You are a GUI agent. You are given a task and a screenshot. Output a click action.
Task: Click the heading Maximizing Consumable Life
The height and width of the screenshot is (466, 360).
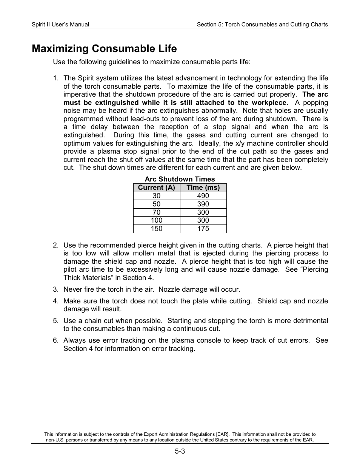pyautogui.click(x=104, y=49)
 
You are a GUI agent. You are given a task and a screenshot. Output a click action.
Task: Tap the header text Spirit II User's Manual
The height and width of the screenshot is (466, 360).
pyautogui.click(x=60, y=25)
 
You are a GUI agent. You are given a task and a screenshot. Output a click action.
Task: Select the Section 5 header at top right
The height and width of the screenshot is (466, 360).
pyautogui.click(x=262, y=25)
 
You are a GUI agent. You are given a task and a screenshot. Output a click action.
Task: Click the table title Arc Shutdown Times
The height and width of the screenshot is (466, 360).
pyautogui.click(x=180, y=179)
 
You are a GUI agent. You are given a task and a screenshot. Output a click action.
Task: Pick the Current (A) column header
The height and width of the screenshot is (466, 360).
pyautogui.click(x=157, y=188)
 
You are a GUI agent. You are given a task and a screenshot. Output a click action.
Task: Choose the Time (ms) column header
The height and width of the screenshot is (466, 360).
pyautogui.click(x=203, y=188)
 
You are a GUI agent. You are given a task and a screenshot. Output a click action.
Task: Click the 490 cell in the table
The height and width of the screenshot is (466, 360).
pyautogui.click(x=203, y=196)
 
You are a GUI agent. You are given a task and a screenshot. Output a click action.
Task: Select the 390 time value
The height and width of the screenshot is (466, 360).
pyautogui.click(x=203, y=204)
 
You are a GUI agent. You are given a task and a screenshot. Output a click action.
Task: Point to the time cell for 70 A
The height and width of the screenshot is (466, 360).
pyautogui.click(x=203, y=212)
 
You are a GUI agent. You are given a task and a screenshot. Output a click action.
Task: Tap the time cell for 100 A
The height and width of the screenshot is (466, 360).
pyautogui.click(x=203, y=220)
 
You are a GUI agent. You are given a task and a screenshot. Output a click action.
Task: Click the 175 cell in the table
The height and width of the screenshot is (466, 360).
pyautogui.click(x=203, y=229)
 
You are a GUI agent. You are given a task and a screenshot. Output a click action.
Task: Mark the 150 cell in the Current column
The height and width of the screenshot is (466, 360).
pyautogui.click(x=157, y=229)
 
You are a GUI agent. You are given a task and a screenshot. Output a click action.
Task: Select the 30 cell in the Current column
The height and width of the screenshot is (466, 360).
pyautogui.click(x=157, y=196)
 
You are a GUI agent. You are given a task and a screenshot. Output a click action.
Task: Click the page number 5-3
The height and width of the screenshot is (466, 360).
pyautogui.click(x=180, y=452)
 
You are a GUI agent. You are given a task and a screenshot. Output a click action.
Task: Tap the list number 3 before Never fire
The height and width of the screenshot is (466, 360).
pyautogui.click(x=55, y=289)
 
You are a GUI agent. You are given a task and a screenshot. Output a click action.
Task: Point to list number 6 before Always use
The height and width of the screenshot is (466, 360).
pyautogui.click(x=55, y=340)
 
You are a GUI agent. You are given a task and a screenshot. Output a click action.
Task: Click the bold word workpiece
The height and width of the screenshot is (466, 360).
pyautogui.click(x=270, y=103)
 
